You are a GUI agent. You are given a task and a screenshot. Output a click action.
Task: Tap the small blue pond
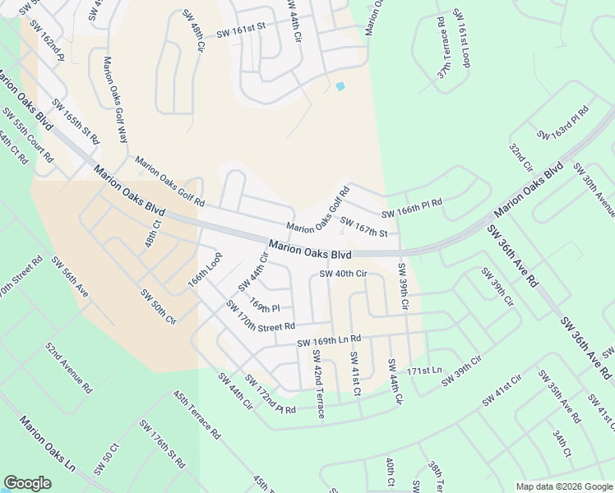[x=340, y=85]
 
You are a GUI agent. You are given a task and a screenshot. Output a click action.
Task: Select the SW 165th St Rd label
[x=75, y=122]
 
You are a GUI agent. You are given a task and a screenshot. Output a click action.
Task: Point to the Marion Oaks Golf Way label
[x=115, y=99]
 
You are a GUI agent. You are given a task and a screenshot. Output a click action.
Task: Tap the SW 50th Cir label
[x=158, y=306]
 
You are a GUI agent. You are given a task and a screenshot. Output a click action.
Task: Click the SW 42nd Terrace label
[x=318, y=384]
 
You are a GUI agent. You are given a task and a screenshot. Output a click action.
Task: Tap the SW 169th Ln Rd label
[x=329, y=340]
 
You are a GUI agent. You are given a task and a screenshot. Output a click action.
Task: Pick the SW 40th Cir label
[x=342, y=274]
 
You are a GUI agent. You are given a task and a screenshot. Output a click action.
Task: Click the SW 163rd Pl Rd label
[x=563, y=123]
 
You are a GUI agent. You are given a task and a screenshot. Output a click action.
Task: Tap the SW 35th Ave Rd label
[x=558, y=396]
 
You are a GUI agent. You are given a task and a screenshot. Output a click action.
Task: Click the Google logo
[x=28, y=483]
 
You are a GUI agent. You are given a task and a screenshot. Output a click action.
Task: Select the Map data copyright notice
[x=563, y=486]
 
